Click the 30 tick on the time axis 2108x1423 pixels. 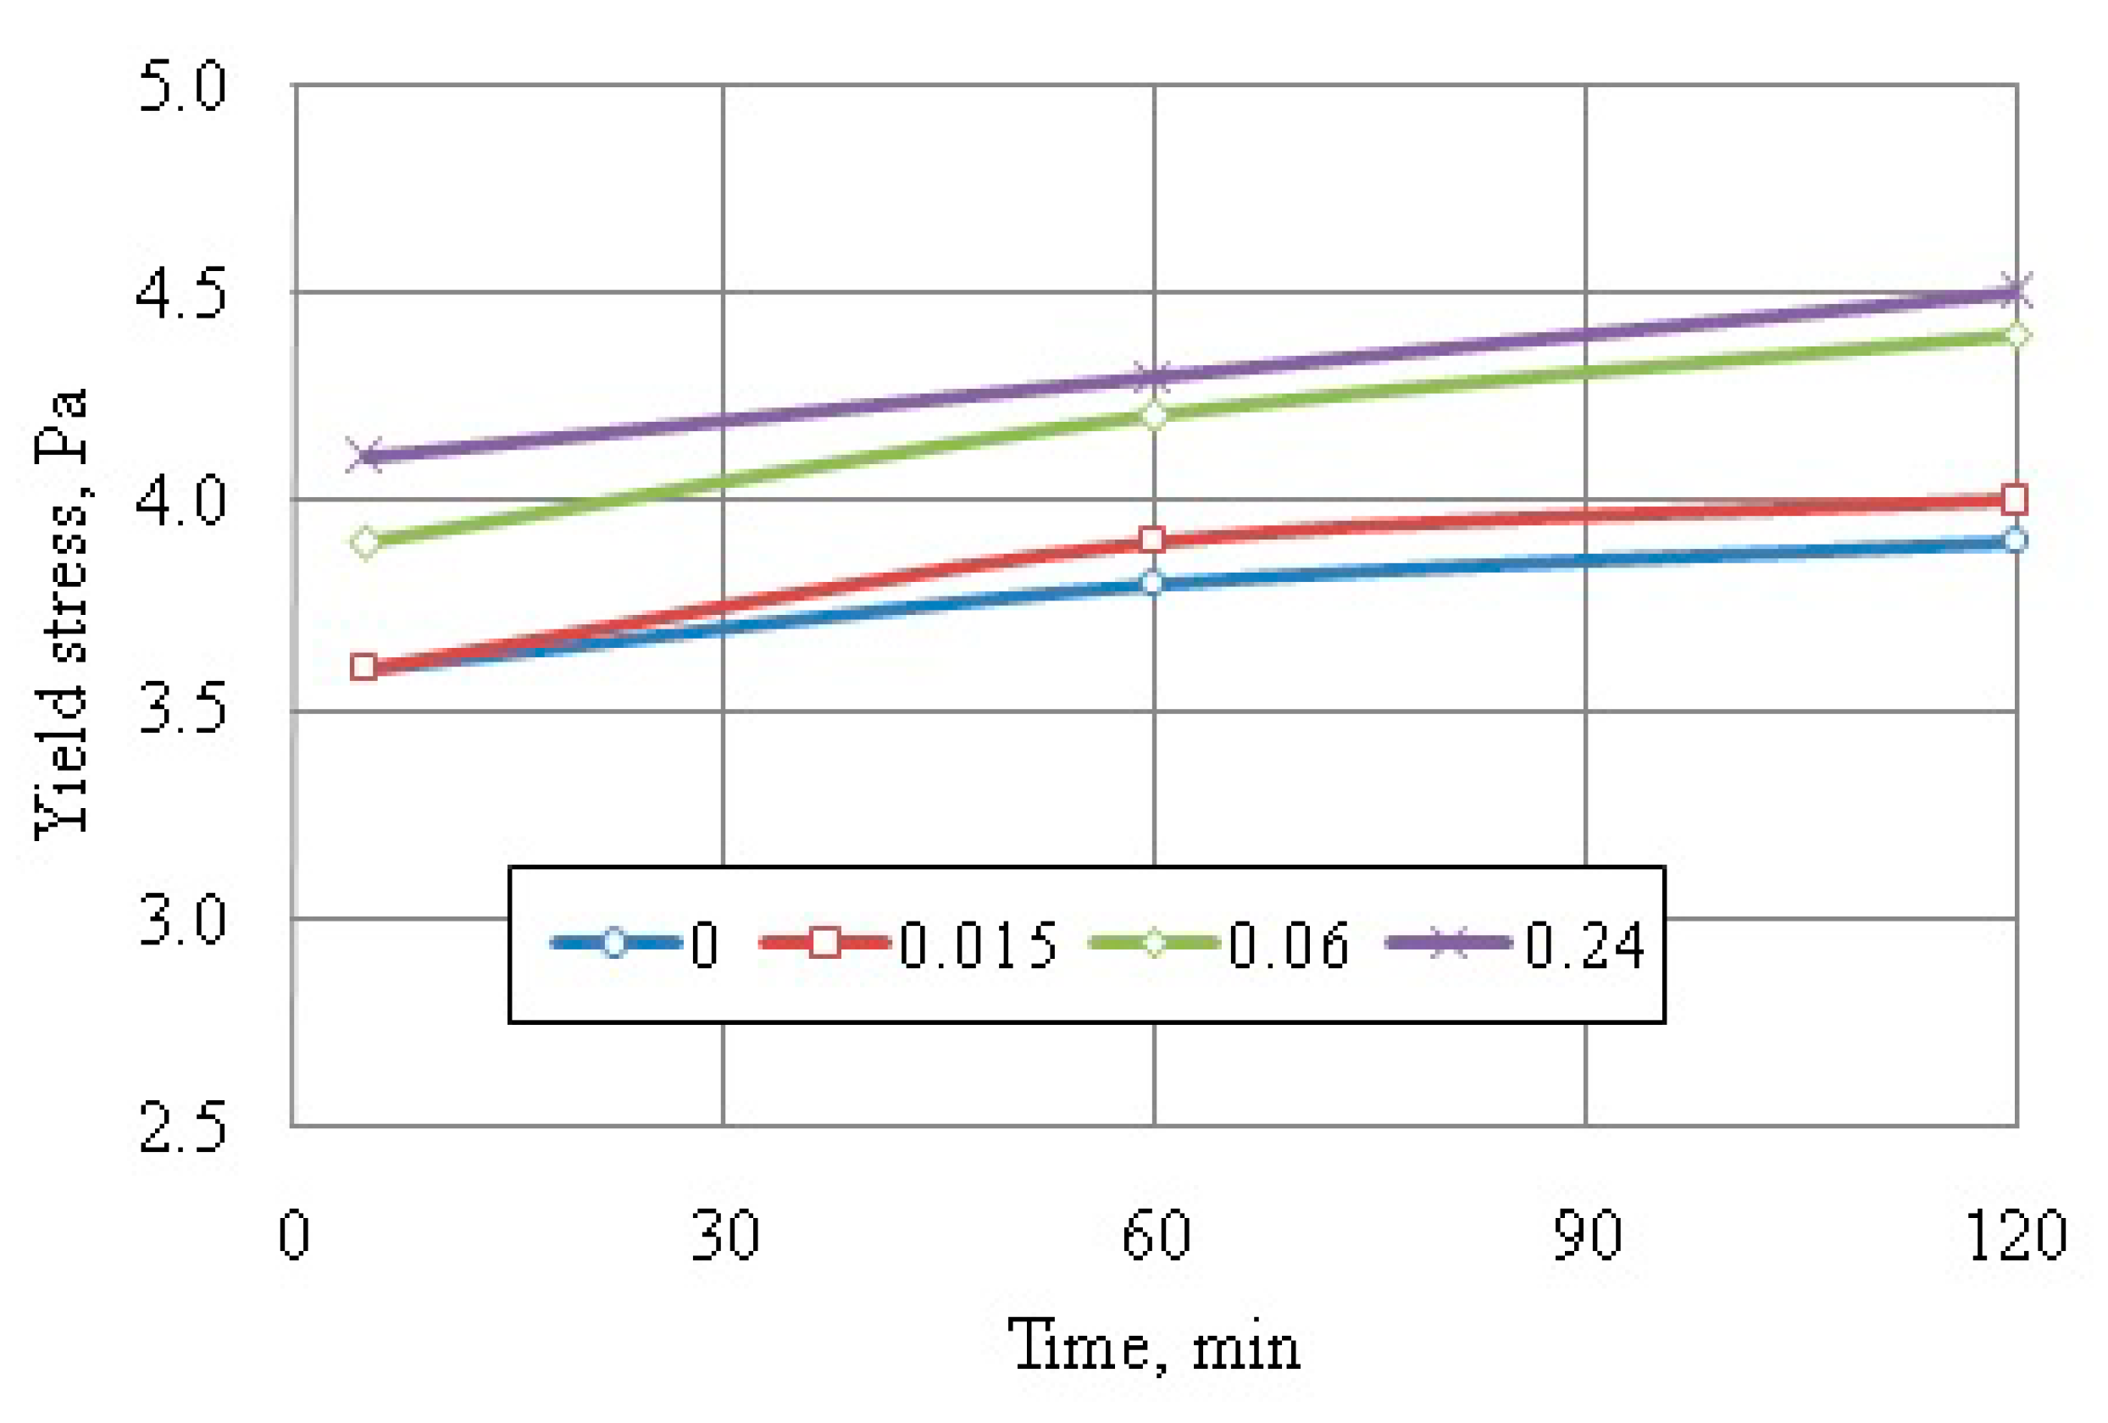[724, 1234]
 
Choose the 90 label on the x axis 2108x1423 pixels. [1585, 1234]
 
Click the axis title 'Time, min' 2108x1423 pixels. [1154, 1346]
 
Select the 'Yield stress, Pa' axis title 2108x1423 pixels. [62, 613]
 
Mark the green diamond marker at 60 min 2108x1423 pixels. [1154, 415]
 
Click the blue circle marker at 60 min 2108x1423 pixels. [1153, 582]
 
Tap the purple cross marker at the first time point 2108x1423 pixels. [365, 456]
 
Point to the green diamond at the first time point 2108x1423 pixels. [365, 542]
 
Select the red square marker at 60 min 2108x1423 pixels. [1153, 540]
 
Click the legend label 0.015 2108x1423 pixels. [978, 944]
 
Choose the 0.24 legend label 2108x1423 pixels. [1584, 944]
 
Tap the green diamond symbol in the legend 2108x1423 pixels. [1154, 944]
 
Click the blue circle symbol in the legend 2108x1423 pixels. [614, 944]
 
